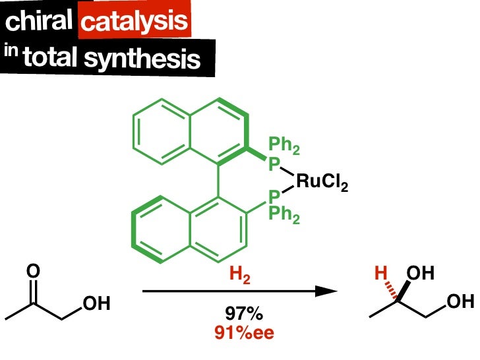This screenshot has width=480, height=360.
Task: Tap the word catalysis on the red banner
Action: (x=134, y=22)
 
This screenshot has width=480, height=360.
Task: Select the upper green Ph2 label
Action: (x=284, y=146)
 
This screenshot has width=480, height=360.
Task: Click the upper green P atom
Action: (x=274, y=162)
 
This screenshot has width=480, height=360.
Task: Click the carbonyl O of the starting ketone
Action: (x=34, y=271)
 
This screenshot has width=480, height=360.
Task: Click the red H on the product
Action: (x=380, y=272)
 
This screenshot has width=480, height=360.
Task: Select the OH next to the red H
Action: (x=421, y=272)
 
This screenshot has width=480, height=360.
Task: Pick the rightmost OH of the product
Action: (x=460, y=303)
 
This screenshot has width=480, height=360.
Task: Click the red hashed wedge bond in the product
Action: (x=390, y=285)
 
